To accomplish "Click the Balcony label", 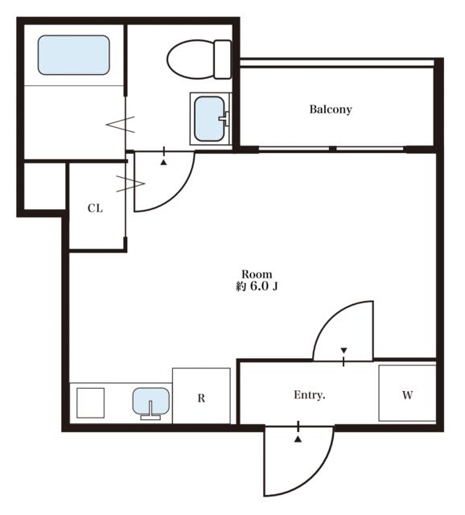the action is coord(331,109).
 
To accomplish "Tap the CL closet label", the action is coord(95,208).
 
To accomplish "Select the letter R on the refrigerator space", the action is coord(201,398).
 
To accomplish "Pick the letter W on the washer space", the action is coord(408,395).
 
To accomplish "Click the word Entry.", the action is coord(310,395).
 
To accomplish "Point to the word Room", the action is coord(257,274).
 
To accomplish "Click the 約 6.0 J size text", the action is coord(257,286).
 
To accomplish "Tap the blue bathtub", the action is coord(73,56).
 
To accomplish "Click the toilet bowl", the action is coord(191,60).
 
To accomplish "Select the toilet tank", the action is coord(223,60).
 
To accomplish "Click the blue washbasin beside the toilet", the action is coord(209,118).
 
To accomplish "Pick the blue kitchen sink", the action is coord(151,401).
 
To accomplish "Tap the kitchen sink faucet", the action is coord(150,410).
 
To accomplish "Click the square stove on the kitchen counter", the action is coord(91,403).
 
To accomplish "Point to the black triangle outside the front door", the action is coord(298,439).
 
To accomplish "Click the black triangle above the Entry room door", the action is coord(344,350).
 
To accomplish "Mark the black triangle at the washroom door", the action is coord(163,162).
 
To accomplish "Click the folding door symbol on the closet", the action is coord(130,184).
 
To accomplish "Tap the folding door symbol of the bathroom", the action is coord(121,124).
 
